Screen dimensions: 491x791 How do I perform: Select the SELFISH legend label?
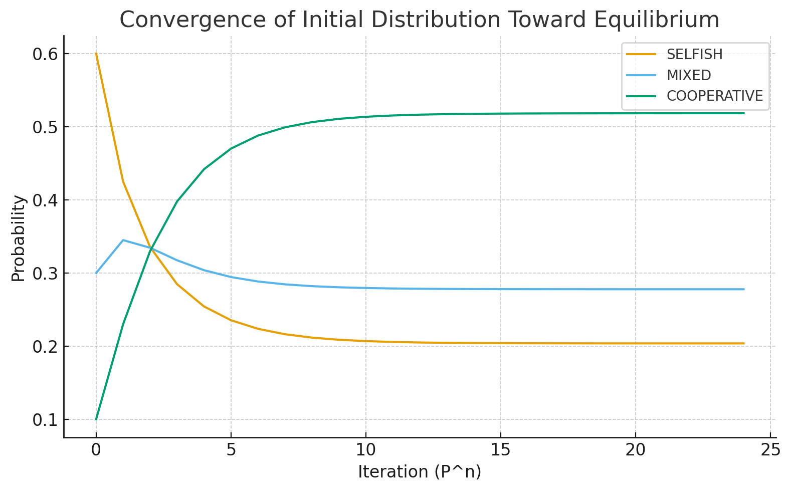coord(694,54)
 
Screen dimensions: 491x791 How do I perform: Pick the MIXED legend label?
coord(688,75)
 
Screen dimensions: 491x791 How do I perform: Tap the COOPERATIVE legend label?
coord(714,96)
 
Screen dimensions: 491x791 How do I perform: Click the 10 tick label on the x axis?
coord(365,450)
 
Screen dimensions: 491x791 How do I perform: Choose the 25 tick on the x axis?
coord(770,450)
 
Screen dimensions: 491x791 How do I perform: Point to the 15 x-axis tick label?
coord(500,450)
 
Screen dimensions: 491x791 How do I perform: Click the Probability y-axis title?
coord(18,238)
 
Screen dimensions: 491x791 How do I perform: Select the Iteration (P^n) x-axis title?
coord(419,472)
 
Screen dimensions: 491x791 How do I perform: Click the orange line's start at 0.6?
coord(96,54)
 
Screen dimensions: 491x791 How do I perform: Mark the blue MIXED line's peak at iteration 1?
coord(123,240)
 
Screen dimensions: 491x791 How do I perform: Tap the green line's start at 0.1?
coord(96,419)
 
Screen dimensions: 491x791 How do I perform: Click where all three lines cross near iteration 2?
coord(151,249)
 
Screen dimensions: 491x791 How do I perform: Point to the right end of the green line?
coord(743,113)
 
